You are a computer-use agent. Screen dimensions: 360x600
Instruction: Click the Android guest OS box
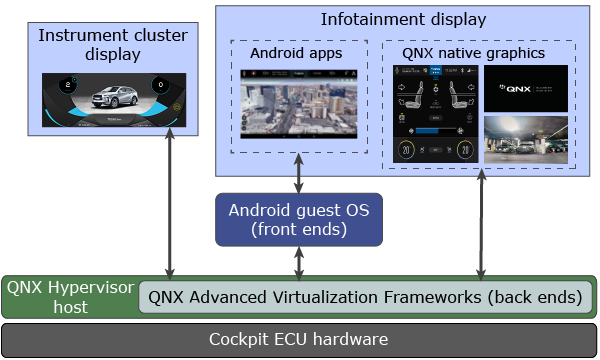tap(299, 219)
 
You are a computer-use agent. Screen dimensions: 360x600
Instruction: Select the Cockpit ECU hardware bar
tap(299, 339)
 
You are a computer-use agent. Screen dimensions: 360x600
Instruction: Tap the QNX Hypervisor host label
tap(69, 296)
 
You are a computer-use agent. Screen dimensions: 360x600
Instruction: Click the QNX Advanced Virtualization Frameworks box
tap(365, 297)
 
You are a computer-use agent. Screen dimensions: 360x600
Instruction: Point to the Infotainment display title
tap(403, 19)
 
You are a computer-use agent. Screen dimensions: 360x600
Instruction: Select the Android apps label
tap(296, 53)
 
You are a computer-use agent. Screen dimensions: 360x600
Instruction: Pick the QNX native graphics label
tap(474, 53)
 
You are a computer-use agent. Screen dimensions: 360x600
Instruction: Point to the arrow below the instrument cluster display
tap(171, 205)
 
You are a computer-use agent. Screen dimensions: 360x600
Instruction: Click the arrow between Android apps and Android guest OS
tap(299, 171)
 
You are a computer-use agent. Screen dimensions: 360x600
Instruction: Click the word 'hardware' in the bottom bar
tap(345, 339)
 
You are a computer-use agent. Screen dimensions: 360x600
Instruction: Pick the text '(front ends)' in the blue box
tap(299, 229)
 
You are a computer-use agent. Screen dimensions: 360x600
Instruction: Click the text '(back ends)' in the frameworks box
tap(535, 297)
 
